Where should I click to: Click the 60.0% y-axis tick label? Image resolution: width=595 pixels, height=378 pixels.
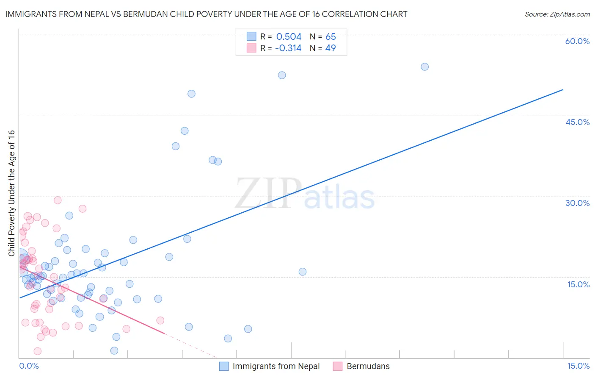tap(577, 41)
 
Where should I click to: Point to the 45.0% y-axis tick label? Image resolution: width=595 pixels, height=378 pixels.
tap(577, 122)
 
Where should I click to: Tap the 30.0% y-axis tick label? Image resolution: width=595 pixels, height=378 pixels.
tap(577, 203)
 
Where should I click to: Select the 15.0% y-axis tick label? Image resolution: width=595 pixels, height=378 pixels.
tap(578, 284)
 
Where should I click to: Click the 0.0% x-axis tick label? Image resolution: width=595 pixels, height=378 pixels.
tap(29, 366)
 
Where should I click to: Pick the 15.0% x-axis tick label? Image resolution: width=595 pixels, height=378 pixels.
tap(578, 366)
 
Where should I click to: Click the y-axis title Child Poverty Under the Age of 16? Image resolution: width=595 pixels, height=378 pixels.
tap(11, 193)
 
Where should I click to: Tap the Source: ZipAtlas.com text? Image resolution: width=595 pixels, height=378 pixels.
tap(557, 14)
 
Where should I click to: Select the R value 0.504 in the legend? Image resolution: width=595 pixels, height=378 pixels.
tap(289, 37)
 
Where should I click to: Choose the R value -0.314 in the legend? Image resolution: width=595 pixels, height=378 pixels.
tap(288, 48)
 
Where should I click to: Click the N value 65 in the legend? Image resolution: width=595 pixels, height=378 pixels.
tap(331, 37)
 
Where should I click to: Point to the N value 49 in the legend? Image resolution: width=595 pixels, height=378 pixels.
tap(331, 48)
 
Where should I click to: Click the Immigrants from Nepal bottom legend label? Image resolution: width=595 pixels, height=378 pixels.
tap(276, 366)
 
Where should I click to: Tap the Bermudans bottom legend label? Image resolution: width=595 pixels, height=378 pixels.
tap(368, 366)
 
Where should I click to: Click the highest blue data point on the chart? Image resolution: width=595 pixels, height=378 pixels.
tap(424, 67)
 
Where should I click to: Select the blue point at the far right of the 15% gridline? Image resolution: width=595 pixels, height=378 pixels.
tap(302, 272)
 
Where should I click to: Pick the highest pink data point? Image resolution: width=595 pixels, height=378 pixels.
tap(58, 200)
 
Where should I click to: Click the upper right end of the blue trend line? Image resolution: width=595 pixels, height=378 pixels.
tap(563, 89)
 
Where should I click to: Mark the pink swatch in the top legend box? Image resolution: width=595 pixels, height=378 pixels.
tap(251, 48)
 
